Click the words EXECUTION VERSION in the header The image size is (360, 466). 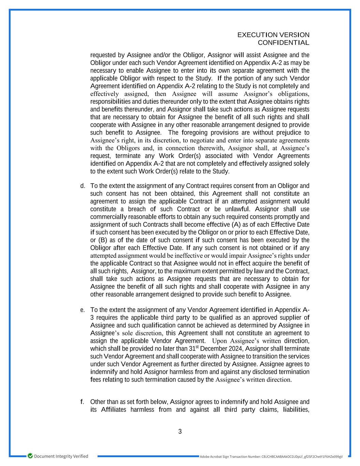coord(273,35)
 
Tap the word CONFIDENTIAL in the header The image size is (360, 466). coord(284,43)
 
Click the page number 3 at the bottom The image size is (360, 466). coord(180,432)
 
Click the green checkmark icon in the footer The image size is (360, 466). coord(30,456)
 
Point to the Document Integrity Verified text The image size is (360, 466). coord(61,456)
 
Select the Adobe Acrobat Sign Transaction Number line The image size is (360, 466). coord(271,456)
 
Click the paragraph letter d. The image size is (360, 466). coord(82,186)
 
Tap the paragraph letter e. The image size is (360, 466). coord(82,310)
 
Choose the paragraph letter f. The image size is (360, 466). coord(82,402)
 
